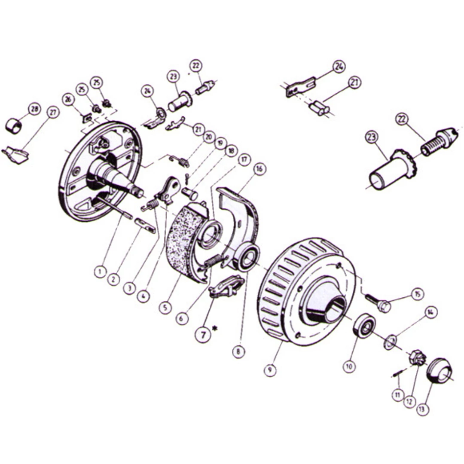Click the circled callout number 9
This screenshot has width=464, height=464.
(270, 369)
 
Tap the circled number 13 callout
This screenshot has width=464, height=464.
(422, 409)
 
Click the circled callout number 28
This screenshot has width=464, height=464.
(35, 109)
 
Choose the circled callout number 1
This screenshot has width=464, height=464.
(100, 271)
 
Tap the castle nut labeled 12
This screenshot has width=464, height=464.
(418, 358)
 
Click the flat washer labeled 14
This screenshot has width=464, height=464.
(391, 342)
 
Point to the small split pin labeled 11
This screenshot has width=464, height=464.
(397, 374)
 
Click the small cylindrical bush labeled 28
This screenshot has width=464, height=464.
(14, 125)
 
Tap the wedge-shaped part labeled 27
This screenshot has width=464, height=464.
(16, 155)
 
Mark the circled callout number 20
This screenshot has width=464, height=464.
(209, 137)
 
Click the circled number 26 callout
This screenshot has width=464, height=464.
(68, 99)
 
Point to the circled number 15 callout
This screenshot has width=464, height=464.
(417, 294)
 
